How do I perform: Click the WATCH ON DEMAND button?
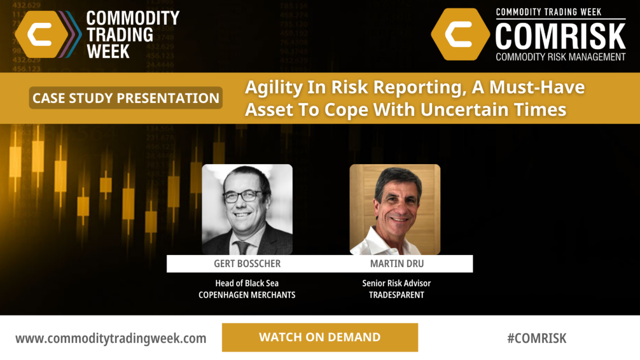[320, 338]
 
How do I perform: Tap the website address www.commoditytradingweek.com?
[111, 338]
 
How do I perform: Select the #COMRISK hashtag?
[537, 338]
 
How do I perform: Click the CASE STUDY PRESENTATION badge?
[126, 98]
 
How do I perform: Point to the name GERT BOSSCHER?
[247, 264]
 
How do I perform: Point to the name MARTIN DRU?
[397, 264]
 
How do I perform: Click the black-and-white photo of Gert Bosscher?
[247, 210]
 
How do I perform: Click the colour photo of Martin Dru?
[395, 210]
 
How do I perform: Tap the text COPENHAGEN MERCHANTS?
[247, 295]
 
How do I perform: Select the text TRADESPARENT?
[397, 295]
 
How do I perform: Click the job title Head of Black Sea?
[247, 283]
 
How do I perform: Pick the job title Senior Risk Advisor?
[397, 283]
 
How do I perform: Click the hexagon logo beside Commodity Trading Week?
[42, 34]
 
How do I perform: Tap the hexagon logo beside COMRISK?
[461, 34]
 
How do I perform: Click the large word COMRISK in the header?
[560, 36]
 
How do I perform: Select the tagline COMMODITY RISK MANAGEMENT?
[560, 57]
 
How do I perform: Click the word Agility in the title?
[273, 88]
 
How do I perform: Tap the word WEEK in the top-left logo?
[108, 52]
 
